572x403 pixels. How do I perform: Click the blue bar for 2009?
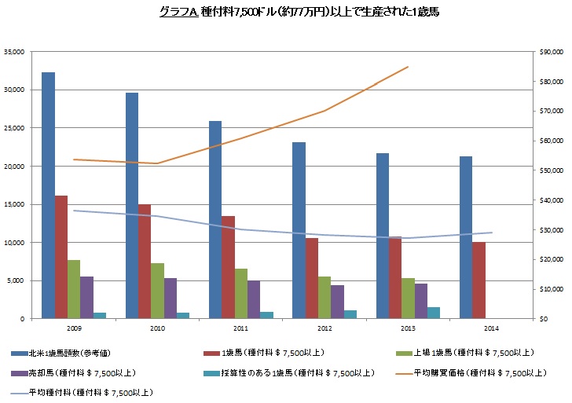click(48, 196)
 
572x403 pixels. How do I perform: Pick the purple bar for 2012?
click(337, 302)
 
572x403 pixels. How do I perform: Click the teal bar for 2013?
click(434, 313)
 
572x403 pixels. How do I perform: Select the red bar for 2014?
click(478, 280)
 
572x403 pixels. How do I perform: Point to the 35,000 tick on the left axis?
click(13, 52)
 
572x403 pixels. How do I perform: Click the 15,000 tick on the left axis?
click(13, 204)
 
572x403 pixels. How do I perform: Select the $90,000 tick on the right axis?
click(549, 52)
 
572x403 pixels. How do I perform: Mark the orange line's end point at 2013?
click(409, 67)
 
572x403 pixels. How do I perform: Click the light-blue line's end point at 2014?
click(492, 233)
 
